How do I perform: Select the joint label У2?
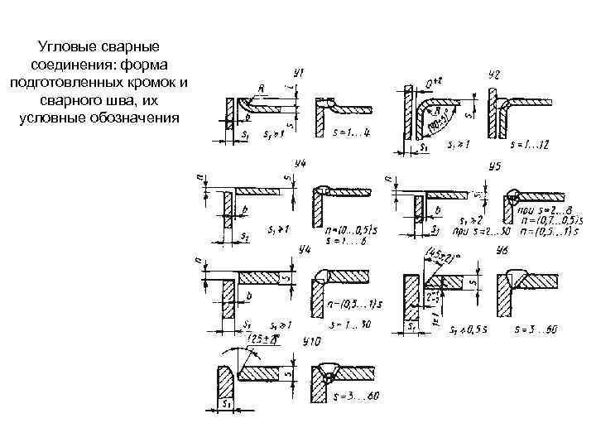[494, 75]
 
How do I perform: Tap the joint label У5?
[494, 166]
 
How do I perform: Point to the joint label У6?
[501, 251]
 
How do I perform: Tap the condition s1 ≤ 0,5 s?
[468, 330]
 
